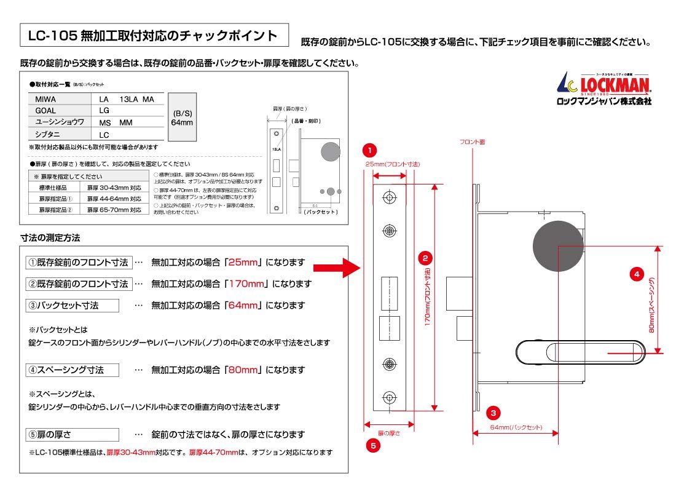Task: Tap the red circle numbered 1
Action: pos(369,149)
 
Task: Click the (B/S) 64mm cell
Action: pos(182,117)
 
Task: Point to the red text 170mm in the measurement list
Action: pos(246,284)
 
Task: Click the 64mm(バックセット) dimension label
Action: pos(517,427)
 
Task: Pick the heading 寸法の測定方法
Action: pos(50,237)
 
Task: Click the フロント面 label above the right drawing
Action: pos(472,142)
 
